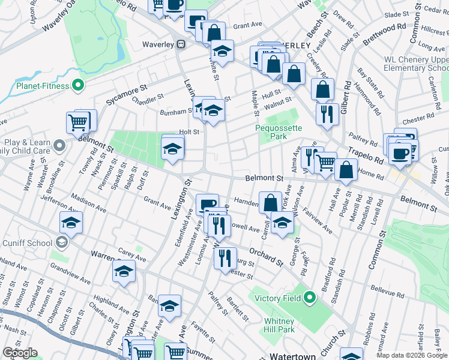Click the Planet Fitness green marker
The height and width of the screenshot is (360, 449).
pos(77,86)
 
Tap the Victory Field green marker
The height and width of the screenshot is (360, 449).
pos(310,297)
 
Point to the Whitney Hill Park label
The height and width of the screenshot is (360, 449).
pos(279,325)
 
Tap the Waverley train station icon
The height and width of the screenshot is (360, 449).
pos(181,44)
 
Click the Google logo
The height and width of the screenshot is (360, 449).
pos(20,353)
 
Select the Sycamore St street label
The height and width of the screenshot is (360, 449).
pos(127,93)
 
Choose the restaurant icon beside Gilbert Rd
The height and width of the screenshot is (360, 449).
pos(327,114)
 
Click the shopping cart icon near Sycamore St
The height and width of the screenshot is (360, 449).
pos(79,122)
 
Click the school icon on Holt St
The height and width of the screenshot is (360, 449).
pos(173,149)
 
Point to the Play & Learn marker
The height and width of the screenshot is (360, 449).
pos(59,145)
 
